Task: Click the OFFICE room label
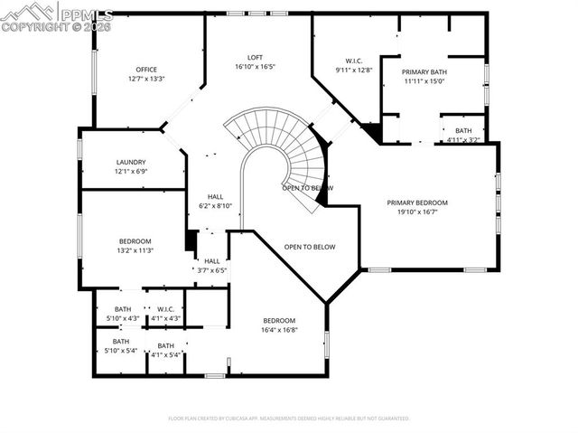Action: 146,70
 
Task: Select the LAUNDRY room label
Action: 131,163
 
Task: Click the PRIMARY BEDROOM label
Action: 417,202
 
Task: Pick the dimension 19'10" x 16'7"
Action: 417,212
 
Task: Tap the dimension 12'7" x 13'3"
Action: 146,80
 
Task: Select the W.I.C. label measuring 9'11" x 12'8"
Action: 353,61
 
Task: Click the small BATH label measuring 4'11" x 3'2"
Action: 463,131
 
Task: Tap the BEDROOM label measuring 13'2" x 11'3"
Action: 135,241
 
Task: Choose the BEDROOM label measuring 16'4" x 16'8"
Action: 279,321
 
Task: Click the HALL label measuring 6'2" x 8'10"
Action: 215,196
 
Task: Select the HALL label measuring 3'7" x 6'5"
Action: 211,260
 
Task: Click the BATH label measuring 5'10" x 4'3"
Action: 122,309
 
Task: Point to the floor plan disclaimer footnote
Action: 289,419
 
